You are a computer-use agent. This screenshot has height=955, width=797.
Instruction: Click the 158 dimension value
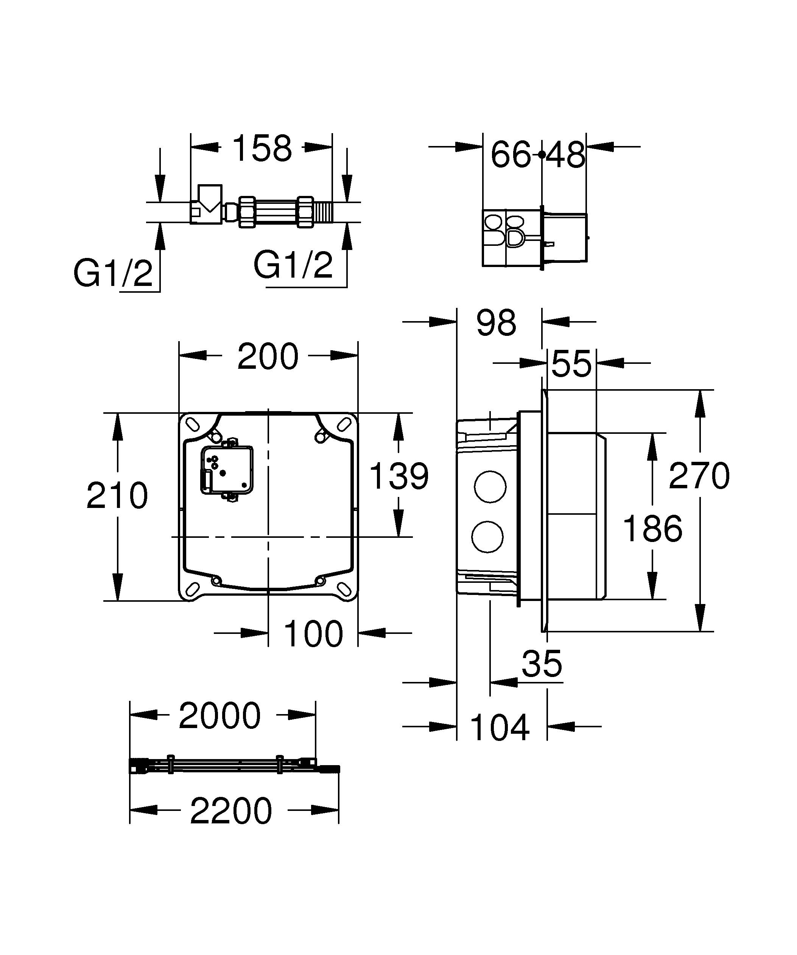pos(262,148)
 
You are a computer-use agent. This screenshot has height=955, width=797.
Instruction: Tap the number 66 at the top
pos(511,155)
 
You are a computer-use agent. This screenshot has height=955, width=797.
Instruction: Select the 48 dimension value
pos(565,155)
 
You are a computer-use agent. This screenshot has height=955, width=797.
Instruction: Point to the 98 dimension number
pos(496,323)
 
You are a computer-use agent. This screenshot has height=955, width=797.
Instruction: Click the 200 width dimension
pos(268,357)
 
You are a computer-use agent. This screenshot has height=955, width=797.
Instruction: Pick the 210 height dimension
pos(117,496)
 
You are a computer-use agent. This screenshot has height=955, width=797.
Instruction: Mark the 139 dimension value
pos(398,476)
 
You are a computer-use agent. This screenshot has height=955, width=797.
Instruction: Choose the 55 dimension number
pos(571,364)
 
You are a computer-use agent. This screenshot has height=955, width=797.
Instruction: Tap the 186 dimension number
pos(652,529)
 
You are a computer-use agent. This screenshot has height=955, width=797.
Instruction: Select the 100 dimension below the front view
pos(313,634)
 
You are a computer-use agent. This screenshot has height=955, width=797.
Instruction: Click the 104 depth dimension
pos(499,728)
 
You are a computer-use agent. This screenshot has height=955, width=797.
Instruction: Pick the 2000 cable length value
pos(220,716)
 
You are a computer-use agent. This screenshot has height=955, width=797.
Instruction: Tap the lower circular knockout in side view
pos(488,537)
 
